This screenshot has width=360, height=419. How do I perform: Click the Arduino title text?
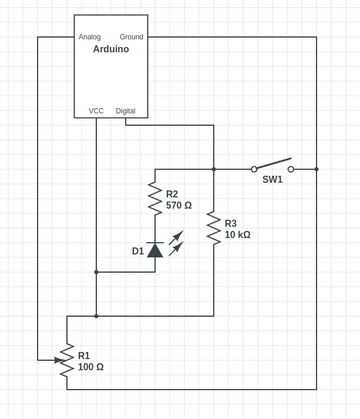111,49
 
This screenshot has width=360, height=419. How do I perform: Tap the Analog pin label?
89,37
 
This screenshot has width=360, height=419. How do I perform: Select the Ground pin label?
132,37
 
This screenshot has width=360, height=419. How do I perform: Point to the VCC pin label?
96,111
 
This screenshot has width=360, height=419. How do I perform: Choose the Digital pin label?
126,111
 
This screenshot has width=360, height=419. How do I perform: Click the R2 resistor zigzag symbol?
155,199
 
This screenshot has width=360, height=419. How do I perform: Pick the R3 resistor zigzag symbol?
214,228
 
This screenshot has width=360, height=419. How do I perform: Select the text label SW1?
272,180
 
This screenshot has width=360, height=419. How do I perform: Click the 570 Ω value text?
179,206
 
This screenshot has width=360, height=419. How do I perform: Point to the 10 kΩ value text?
238,234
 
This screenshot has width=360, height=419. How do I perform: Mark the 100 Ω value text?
91,367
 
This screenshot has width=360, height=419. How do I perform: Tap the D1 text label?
138,252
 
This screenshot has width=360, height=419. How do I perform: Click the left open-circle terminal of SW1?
254,169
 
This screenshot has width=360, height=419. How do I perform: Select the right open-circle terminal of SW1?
291,169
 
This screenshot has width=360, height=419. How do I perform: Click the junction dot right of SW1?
317,169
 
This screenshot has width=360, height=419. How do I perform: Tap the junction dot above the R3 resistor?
214,169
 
